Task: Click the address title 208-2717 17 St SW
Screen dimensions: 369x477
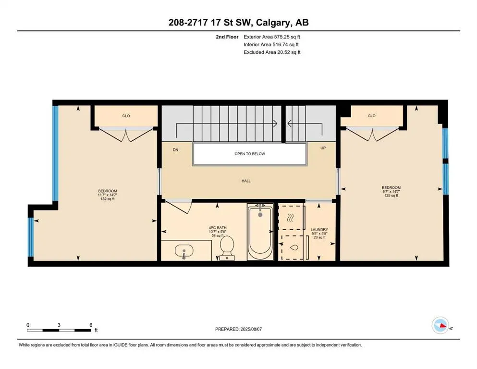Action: click(x=239, y=22)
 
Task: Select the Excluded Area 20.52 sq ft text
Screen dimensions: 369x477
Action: click(x=272, y=52)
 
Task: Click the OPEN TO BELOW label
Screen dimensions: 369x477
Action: click(x=249, y=154)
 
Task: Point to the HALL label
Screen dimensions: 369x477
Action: click(x=246, y=181)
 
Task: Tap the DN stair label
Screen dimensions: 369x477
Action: click(x=176, y=149)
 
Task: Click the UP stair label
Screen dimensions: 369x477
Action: click(x=323, y=148)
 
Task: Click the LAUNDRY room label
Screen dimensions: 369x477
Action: click(x=319, y=230)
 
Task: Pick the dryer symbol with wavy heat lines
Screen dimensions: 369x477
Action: click(x=290, y=218)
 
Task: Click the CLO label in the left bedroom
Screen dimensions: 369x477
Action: click(x=126, y=116)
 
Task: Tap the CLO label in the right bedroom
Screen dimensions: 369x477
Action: click(x=371, y=116)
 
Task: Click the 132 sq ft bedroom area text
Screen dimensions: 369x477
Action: click(x=107, y=199)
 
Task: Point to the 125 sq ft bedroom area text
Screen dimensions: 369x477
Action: click(x=391, y=196)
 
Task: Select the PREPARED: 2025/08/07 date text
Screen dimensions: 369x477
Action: click(x=239, y=329)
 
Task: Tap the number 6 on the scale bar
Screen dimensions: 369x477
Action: click(x=91, y=325)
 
